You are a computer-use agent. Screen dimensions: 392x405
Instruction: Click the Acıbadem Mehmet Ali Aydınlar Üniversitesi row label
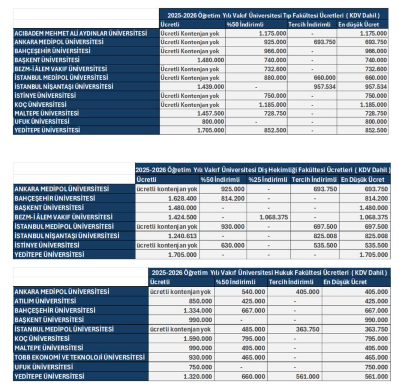[80, 33]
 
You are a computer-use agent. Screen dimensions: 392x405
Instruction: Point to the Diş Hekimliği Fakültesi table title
[262, 170]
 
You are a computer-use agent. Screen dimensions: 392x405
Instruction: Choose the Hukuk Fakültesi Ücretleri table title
[269, 272]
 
